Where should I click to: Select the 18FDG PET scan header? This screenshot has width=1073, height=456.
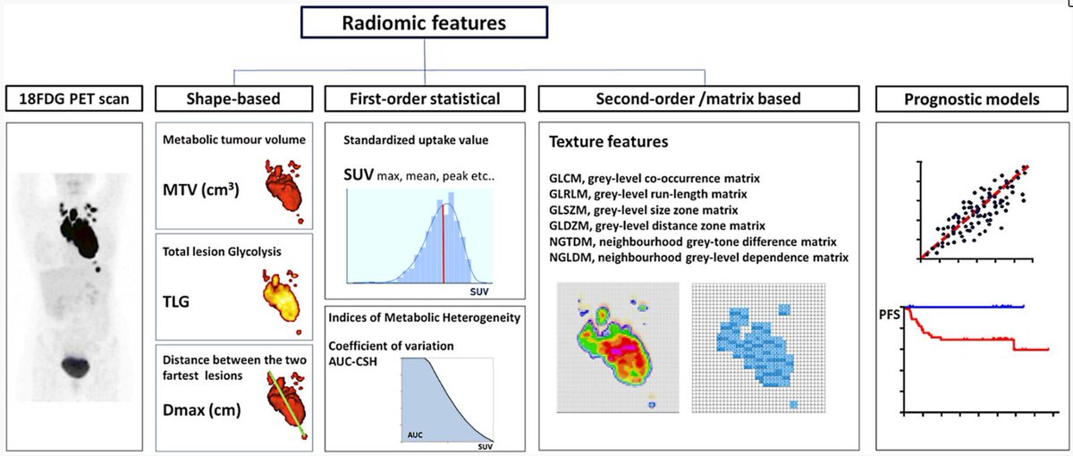point(74,99)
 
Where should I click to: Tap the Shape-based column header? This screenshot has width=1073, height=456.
point(234,99)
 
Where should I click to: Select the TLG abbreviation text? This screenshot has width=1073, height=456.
point(180,303)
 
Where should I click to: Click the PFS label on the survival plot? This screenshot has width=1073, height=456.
point(891,314)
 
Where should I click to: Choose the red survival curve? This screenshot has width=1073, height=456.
point(966,340)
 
